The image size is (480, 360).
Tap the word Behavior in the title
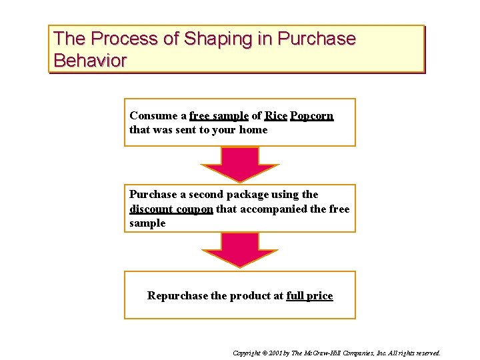[x=90, y=61]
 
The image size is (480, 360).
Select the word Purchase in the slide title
[x=317, y=39]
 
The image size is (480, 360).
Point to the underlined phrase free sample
[x=219, y=116]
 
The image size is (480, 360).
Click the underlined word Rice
[x=276, y=116]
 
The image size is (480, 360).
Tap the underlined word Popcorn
[x=312, y=116]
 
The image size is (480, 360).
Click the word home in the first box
[x=253, y=130]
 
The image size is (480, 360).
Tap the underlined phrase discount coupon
[x=171, y=209]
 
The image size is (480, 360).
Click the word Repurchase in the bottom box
[x=177, y=295]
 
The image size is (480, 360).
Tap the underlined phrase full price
[x=309, y=295]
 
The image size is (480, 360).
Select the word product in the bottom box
[x=250, y=295]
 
